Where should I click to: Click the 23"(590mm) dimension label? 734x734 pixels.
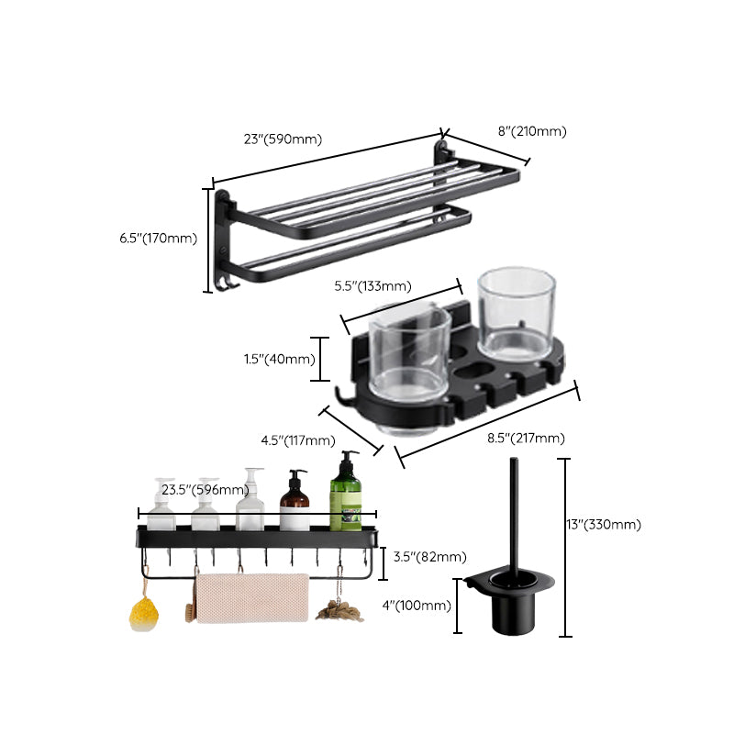click(x=282, y=139)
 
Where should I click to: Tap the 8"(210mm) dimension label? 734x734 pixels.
click(x=532, y=131)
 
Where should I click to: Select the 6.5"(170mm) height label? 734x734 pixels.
click(x=158, y=238)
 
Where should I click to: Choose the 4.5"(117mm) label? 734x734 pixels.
click(x=297, y=440)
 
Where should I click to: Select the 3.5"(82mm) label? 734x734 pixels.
click(x=429, y=557)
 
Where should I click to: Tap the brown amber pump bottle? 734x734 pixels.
click(x=295, y=505)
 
